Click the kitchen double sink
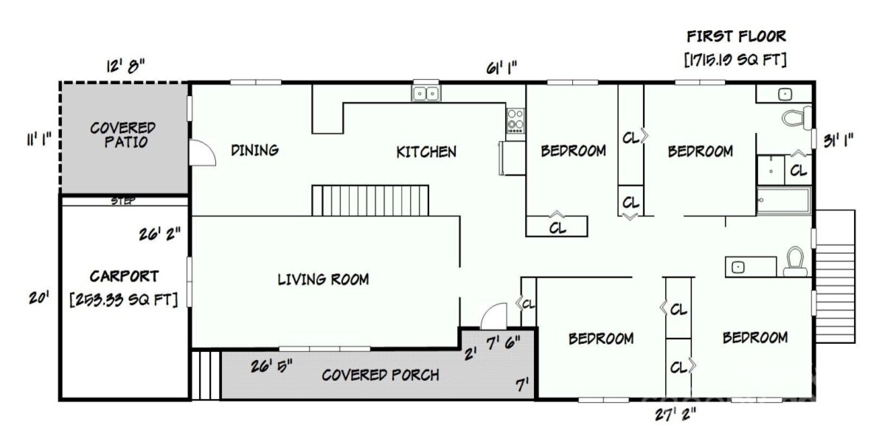[x=426, y=94]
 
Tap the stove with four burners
[x=516, y=120]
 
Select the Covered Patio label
[x=123, y=135]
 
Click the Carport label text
[x=124, y=276]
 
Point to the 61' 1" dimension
[x=502, y=68]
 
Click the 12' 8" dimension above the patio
[x=125, y=66]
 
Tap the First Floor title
[x=737, y=36]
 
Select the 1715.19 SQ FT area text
[x=735, y=60]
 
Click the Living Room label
[x=323, y=280]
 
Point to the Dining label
[x=255, y=151]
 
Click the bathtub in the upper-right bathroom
[x=784, y=201]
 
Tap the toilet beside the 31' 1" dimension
[x=796, y=117]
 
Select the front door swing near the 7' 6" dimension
[x=494, y=316]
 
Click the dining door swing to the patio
[x=202, y=152]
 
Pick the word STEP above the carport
[x=123, y=201]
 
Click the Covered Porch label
[x=380, y=375]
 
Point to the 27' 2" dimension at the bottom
[x=676, y=415]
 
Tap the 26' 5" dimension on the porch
[x=271, y=366]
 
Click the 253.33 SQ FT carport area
[x=124, y=300]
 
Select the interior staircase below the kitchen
[x=370, y=201]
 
